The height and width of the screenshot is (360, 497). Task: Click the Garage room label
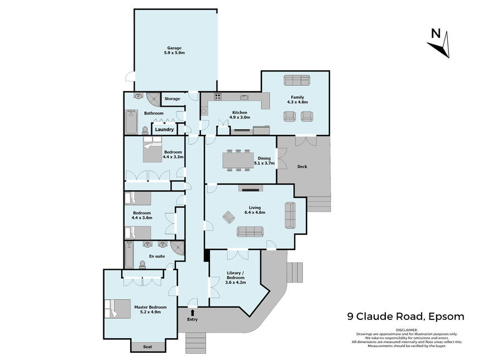174,48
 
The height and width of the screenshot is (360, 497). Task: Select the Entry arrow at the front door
193,313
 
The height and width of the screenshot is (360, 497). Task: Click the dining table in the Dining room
238,160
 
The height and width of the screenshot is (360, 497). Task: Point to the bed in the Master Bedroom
118,309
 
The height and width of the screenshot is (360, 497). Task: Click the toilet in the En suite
142,265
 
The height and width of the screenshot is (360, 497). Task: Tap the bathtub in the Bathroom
131,122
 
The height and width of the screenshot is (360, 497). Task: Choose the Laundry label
165,129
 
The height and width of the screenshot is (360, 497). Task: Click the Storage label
172,99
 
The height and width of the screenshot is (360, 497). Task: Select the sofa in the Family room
297,80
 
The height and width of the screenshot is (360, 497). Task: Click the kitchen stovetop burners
218,97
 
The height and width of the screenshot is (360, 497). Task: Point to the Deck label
302,166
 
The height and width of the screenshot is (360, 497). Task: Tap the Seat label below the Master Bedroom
148,347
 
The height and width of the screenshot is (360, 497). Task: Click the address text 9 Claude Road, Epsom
406,316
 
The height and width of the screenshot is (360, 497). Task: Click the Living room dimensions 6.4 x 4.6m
255,212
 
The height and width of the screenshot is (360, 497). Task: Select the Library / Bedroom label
236,275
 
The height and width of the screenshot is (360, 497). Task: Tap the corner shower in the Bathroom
154,99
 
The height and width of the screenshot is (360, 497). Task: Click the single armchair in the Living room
228,217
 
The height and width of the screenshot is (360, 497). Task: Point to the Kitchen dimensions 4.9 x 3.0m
240,117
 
